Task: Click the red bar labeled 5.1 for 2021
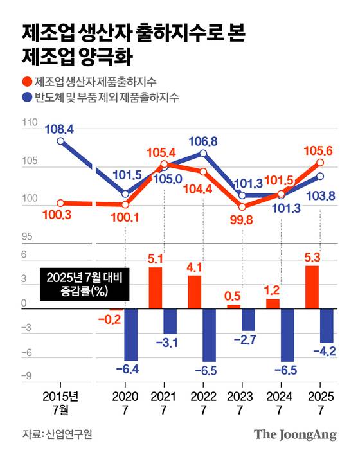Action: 155,288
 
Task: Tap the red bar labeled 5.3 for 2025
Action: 312,287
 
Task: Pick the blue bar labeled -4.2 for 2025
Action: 327,326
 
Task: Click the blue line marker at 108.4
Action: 60,142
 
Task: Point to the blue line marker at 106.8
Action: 203,153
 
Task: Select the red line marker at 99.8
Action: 242,207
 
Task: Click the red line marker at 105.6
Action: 319,163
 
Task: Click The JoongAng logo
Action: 295,434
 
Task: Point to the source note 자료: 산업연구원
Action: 57,434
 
